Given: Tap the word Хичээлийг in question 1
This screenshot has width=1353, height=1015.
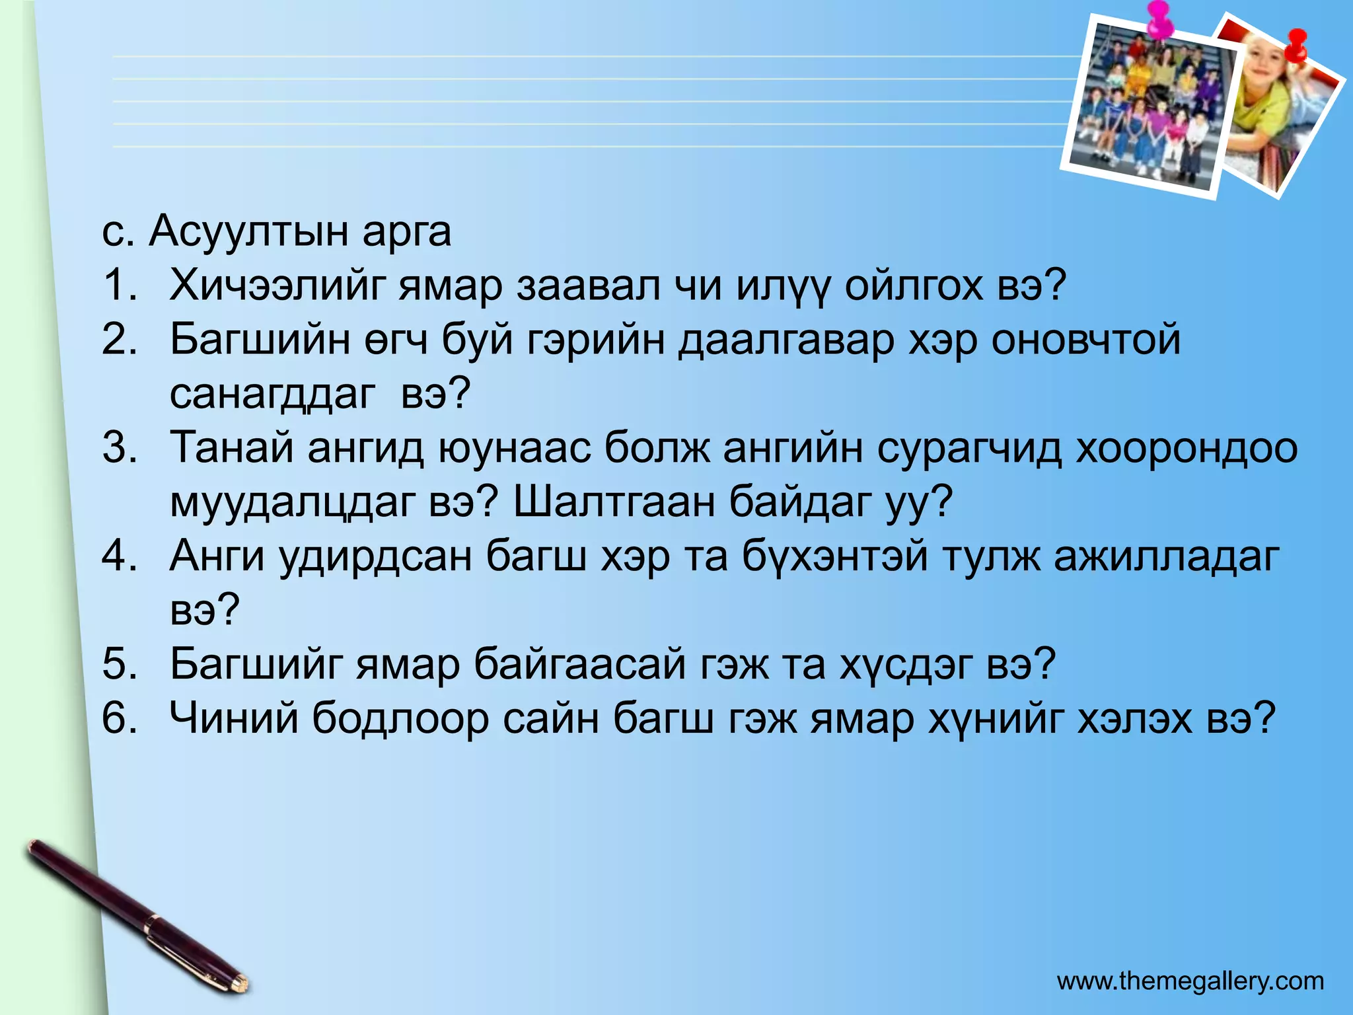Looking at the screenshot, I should (x=277, y=286).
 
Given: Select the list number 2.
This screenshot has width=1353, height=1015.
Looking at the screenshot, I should (x=119, y=340).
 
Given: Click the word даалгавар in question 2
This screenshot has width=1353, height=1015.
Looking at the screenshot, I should (x=786, y=340).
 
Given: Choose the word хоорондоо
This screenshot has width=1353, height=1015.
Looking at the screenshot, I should (x=1187, y=449).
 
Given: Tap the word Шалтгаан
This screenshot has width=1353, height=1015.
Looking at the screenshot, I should (x=614, y=502).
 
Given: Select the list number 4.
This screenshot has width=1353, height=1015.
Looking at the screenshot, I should (x=119, y=556).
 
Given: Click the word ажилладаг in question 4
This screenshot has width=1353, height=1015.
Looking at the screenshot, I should (x=1166, y=557).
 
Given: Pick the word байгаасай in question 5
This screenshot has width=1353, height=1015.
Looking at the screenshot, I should (x=579, y=665).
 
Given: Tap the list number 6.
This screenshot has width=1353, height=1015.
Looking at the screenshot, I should (x=119, y=718).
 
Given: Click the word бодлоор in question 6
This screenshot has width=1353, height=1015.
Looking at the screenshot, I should (x=400, y=719).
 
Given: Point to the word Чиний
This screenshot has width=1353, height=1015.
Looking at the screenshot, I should (x=234, y=718).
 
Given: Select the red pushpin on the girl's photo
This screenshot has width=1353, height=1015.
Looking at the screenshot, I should (x=1297, y=46).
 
